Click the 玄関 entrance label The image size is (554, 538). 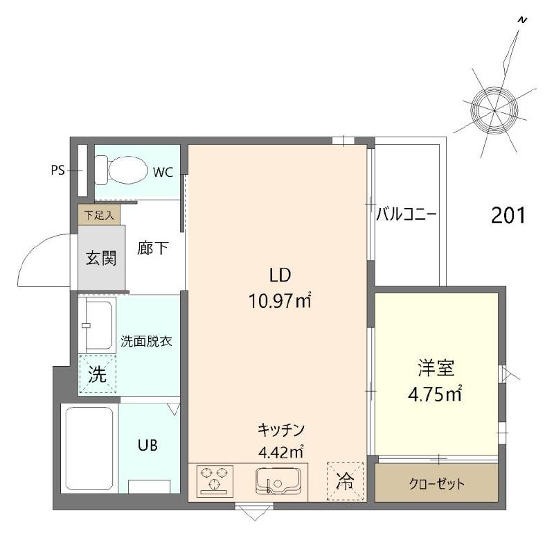coord(101,259)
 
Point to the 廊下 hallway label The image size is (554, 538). coord(152,248)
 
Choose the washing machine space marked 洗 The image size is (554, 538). coord(97,374)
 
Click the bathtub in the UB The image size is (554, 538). coord(89,447)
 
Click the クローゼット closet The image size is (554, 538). coord(436,483)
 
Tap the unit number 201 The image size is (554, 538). coord(508,216)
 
